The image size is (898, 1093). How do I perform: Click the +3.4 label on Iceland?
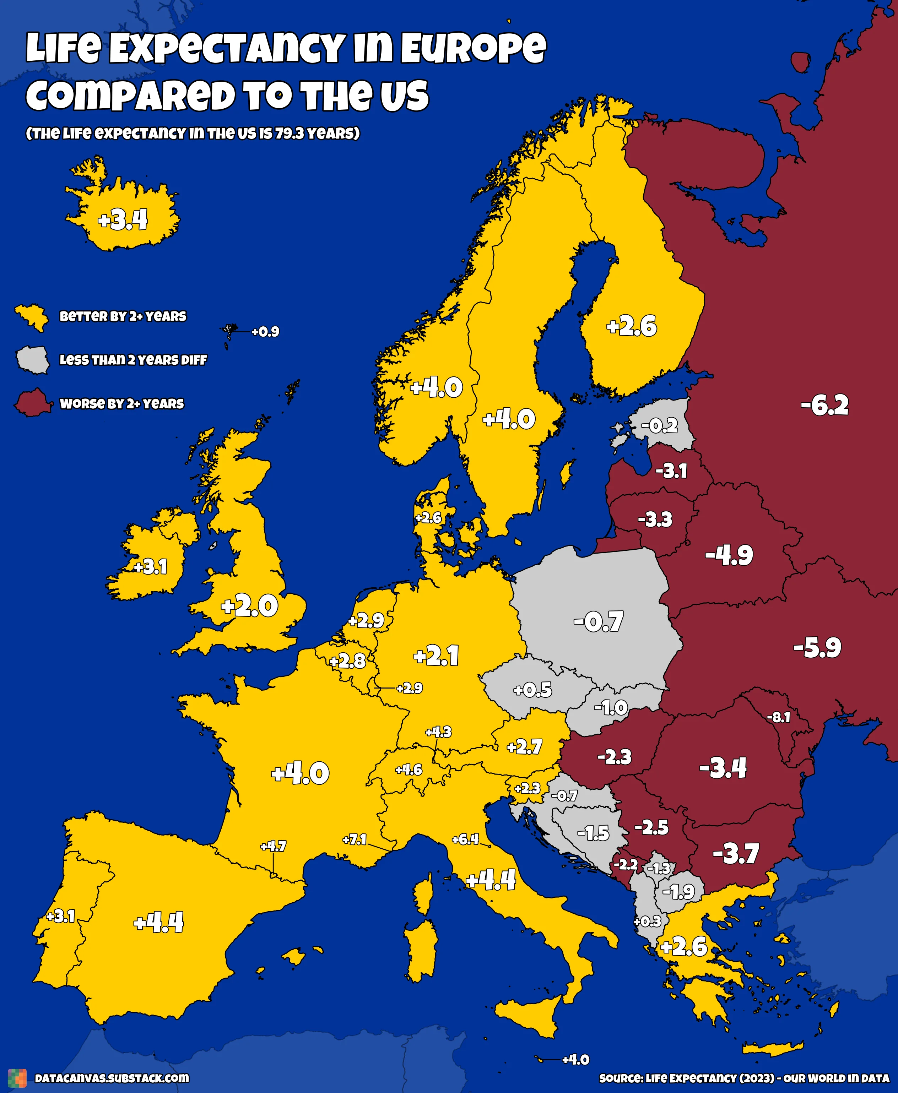(x=123, y=220)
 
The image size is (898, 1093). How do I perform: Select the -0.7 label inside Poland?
(x=599, y=621)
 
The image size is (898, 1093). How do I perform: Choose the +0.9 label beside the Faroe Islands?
(x=265, y=331)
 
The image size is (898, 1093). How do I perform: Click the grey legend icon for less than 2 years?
(x=33, y=360)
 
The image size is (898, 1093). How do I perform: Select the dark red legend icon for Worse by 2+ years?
(x=33, y=403)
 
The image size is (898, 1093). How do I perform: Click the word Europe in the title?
(x=473, y=48)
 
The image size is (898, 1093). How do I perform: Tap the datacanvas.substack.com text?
(x=112, y=1078)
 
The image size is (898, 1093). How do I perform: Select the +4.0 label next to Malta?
(x=576, y=1059)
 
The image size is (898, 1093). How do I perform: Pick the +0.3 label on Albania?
(x=647, y=921)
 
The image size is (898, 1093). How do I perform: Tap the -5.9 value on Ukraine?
(x=817, y=647)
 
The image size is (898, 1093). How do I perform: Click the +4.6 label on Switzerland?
(x=409, y=770)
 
